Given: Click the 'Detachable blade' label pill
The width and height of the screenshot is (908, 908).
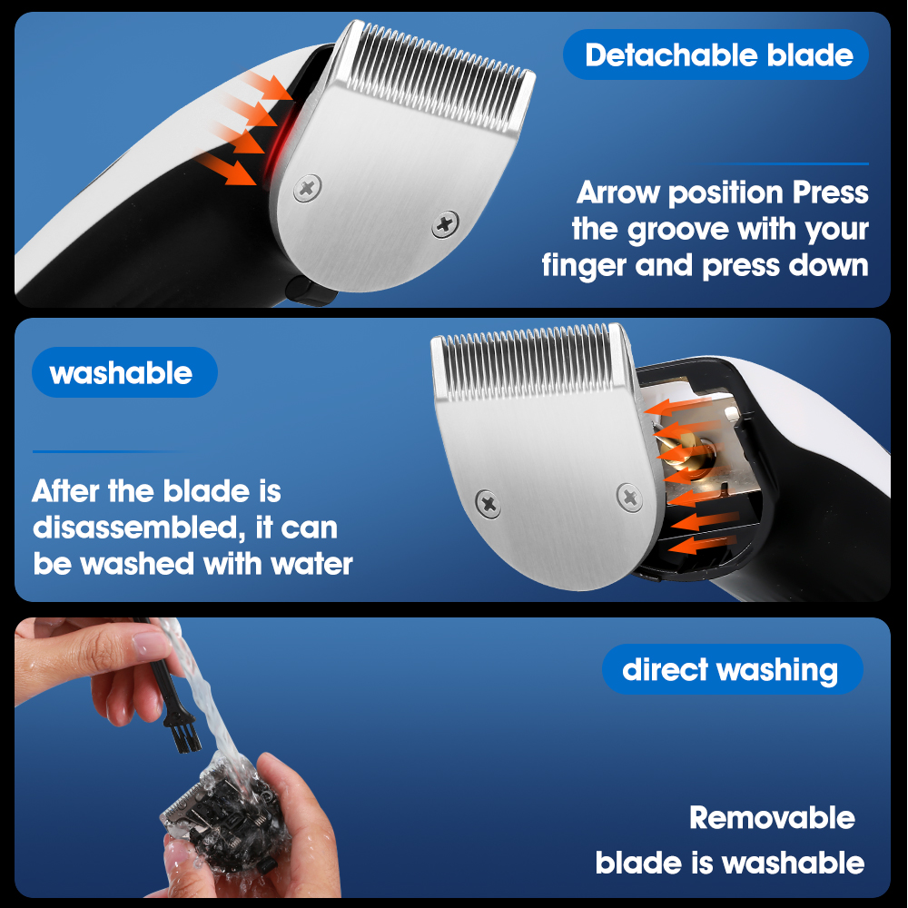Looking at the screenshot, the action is coord(716,54).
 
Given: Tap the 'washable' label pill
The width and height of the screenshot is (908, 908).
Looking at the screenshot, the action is coord(124,372).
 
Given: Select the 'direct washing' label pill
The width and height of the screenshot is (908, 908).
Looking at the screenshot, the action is coord(732,669).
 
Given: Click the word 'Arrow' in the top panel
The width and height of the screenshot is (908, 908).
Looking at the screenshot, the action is coord(617,192).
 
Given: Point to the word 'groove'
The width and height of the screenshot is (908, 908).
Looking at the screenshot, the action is coord(678,231).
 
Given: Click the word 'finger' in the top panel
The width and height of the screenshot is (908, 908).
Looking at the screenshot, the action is coord(584,266).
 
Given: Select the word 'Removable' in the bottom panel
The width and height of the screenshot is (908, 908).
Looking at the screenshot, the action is coord(772,818).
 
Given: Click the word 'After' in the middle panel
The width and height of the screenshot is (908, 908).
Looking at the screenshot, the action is coord(65,491).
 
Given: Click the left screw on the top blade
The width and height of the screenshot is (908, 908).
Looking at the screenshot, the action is coord(307,188).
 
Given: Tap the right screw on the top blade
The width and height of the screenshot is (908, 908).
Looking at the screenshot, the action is coord(445,224).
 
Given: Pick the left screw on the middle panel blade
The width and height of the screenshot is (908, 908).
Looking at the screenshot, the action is coord(489,503).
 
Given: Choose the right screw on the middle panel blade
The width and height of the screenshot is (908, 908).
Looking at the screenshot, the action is coord(629,497).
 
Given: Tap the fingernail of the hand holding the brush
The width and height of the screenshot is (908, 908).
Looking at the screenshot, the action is coord(150,643).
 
